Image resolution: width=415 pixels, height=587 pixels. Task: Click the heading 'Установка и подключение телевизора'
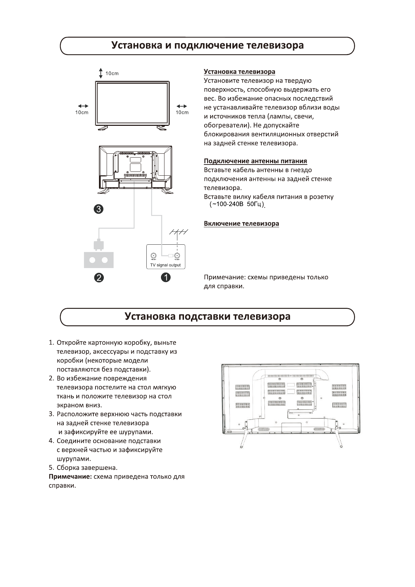click(207, 46)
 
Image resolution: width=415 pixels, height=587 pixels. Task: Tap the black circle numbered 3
click(99, 209)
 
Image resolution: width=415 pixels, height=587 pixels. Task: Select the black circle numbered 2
click(99, 277)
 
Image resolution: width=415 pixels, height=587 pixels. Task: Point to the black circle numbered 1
click(165, 277)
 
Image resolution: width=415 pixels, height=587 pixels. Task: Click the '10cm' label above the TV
click(112, 74)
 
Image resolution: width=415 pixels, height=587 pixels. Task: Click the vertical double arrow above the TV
click(100, 73)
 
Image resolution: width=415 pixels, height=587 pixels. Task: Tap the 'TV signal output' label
click(165, 265)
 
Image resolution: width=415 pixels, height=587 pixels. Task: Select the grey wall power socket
click(99, 260)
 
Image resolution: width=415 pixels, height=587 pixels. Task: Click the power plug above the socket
click(99, 244)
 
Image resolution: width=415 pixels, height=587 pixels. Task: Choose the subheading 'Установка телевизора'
click(239, 72)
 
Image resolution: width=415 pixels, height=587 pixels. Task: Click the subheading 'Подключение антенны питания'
click(255, 161)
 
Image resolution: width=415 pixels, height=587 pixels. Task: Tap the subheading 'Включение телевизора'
click(241, 223)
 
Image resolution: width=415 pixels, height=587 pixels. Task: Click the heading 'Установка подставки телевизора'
click(207, 317)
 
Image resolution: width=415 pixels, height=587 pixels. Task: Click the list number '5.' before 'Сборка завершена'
click(51, 467)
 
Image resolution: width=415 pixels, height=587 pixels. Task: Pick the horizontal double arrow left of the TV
click(83, 106)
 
